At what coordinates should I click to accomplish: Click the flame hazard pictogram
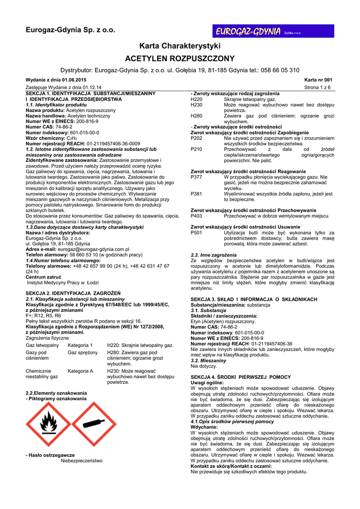click(x=49, y=424)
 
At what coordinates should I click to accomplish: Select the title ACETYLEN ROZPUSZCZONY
click(x=180, y=58)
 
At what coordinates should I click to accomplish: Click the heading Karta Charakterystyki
click(x=180, y=46)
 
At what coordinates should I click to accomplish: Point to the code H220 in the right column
click(x=197, y=99)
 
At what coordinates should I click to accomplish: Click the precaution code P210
click(x=197, y=149)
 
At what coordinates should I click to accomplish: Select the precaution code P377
click(x=197, y=177)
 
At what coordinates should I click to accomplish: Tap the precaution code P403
click(x=197, y=216)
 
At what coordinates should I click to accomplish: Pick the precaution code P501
click(x=197, y=233)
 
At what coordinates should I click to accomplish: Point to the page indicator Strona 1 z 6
click(x=317, y=87)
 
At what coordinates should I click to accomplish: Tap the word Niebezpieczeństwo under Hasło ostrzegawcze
click(x=82, y=461)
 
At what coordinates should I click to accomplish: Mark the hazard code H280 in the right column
click(x=197, y=116)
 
